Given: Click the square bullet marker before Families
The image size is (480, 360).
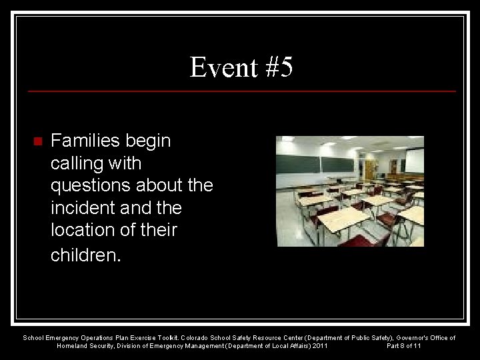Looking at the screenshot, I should tap(37, 141).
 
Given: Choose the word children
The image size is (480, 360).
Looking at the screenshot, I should tap(85, 255).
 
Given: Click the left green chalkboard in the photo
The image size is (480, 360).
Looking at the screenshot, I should tap(298, 164).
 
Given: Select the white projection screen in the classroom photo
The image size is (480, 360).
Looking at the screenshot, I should tap(414, 161).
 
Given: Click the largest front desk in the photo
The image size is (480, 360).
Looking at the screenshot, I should tap(344, 219).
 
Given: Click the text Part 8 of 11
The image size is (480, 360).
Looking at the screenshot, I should tap(404, 346).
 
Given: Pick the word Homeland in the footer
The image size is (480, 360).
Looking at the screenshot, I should tap(73, 346).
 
